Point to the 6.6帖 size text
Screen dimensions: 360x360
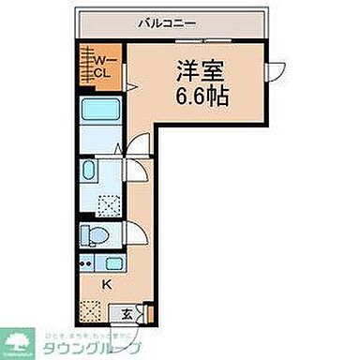tap(195, 95)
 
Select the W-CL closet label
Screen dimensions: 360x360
tap(99, 67)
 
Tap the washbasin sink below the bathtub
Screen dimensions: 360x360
tap(87, 172)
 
